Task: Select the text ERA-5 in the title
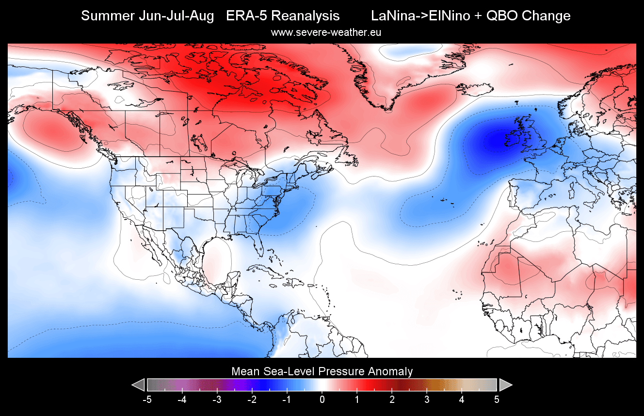244,16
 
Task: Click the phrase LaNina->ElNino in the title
421,16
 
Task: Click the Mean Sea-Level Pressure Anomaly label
322,372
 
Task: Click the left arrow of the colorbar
138,385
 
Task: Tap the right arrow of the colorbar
506,385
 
